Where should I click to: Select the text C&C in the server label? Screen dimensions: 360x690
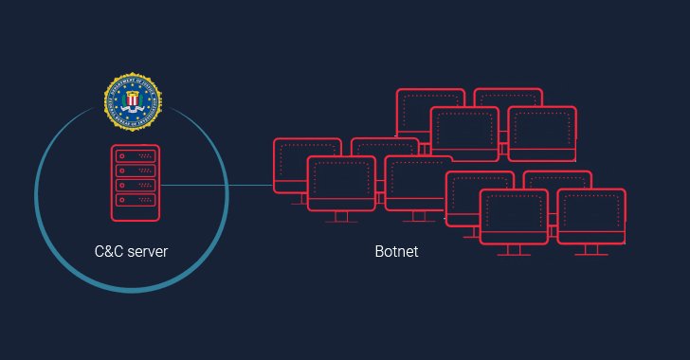point(110,252)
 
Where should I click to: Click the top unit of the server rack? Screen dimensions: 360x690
point(133,153)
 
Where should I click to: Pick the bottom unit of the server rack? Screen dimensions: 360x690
point(133,201)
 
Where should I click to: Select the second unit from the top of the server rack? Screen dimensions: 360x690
point(133,170)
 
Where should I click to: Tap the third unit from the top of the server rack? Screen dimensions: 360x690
point(133,186)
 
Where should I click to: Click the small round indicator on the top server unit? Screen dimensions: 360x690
point(121,153)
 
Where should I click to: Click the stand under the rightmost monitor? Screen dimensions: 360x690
point(591,250)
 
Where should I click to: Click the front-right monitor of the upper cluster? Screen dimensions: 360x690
point(542,133)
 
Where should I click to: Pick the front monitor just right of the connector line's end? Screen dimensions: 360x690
point(341,183)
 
